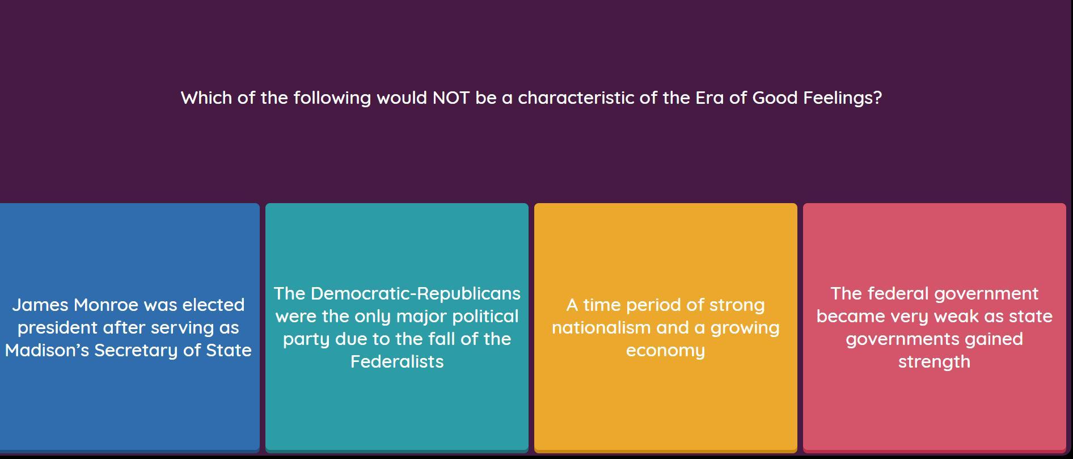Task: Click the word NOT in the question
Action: click(x=451, y=98)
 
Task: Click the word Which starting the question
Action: click(x=206, y=98)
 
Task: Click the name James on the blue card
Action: click(x=40, y=305)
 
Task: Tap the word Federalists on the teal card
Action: click(x=397, y=361)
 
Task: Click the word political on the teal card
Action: click(x=485, y=317)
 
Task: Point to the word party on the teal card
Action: click(x=307, y=340)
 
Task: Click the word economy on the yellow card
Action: click(x=666, y=351)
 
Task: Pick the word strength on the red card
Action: click(x=934, y=363)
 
